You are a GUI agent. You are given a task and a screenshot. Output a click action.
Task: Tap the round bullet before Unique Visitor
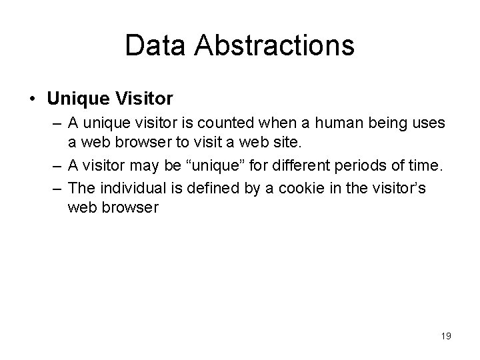point(33,99)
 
